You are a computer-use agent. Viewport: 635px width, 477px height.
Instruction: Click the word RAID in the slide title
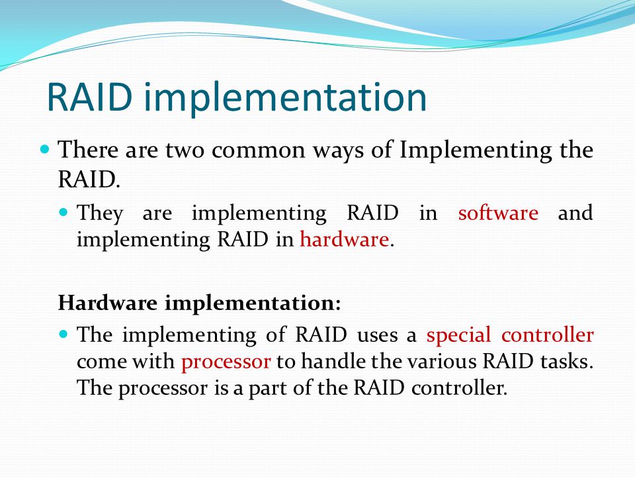click(x=90, y=97)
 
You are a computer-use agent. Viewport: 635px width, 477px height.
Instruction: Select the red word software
click(x=498, y=213)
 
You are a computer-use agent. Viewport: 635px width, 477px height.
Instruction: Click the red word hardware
click(x=344, y=238)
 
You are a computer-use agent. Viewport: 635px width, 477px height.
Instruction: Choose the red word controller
click(x=548, y=335)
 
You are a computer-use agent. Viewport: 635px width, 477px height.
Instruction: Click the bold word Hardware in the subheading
click(x=107, y=303)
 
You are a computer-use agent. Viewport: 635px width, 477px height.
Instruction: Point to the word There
click(x=88, y=149)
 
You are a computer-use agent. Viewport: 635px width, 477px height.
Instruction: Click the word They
click(x=100, y=214)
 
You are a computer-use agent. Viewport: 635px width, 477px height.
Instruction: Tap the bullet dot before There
click(x=45, y=149)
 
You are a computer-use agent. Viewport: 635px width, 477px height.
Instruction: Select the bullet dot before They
click(x=63, y=211)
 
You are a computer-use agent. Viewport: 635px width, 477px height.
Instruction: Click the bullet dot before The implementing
click(x=63, y=334)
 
